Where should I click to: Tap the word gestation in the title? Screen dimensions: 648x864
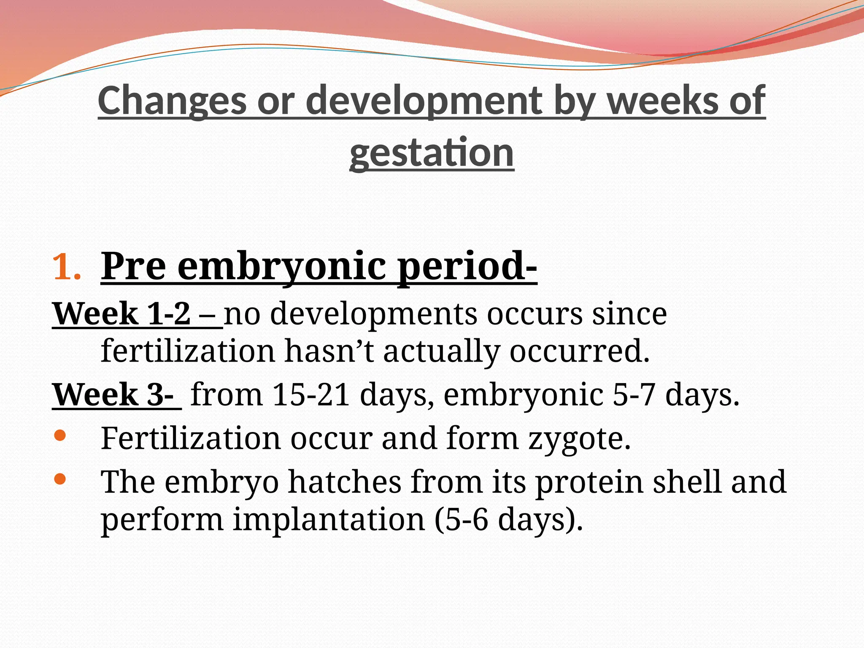[432, 152]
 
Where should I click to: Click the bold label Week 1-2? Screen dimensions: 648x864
[122, 314]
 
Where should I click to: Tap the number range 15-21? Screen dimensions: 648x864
[311, 395]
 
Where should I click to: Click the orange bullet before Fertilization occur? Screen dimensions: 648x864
[60, 436]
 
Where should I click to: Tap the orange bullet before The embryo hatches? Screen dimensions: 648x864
[60, 478]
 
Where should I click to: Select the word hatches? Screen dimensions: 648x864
[344, 482]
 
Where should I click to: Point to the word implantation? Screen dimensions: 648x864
[329, 519]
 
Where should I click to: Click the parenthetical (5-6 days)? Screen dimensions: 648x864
[509, 519]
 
